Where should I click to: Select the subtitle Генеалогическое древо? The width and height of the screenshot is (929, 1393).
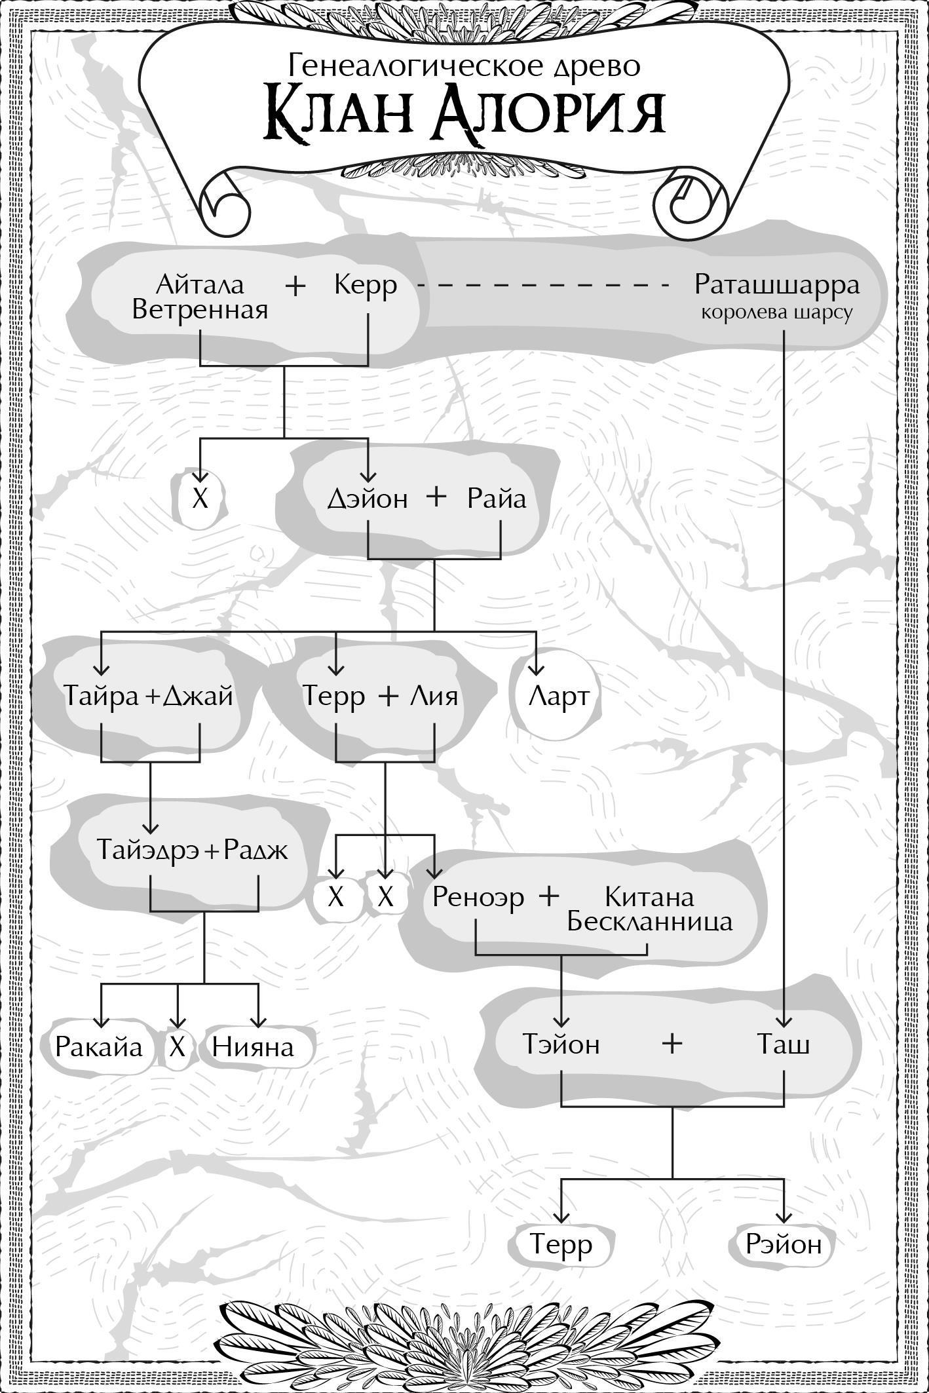[x=464, y=66]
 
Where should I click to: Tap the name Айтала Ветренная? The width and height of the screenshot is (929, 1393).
[x=200, y=297]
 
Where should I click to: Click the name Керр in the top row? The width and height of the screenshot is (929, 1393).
[x=365, y=285]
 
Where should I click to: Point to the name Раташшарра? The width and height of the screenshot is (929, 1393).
[x=777, y=285]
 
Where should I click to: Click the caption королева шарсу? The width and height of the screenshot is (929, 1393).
[x=777, y=313]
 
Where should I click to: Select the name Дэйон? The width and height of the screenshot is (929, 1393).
[x=367, y=499]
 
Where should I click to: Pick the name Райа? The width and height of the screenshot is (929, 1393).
[x=497, y=499]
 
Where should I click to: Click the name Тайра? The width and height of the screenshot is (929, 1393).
[x=102, y=695]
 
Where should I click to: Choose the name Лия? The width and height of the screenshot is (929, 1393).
[x=434, y=695]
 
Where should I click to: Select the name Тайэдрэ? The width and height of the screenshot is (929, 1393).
[x=149, y=850]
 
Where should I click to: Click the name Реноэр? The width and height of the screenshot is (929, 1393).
[x=478, y=896]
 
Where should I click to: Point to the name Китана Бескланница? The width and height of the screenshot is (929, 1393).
[x=649, y=909]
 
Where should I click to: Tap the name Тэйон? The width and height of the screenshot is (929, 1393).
[x=561, y=1044]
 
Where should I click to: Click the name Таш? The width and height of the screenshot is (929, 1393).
[x=784, y=1044]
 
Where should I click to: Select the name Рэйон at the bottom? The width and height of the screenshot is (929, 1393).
[x=784, y=1244]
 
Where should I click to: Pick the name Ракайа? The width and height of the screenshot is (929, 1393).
[x=98, y=1047]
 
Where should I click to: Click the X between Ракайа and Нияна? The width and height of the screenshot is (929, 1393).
[x=177, y=1047]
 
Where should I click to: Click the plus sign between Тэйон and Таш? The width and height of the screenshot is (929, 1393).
[x=672, y=1043]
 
